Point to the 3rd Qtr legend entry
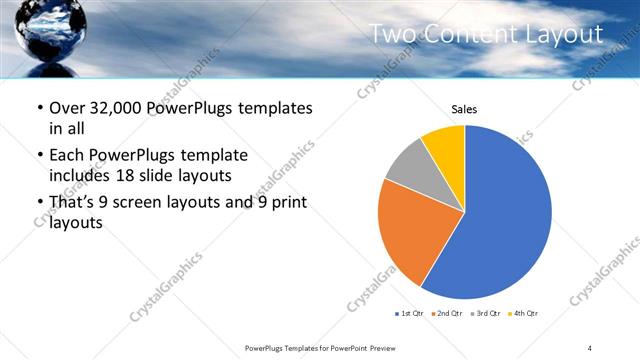pyautogui.click(x=485, y=314)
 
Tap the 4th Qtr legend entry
pyautogui.click(x=524, y=314)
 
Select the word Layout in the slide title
pyautogui.click(x=569, y=34)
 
